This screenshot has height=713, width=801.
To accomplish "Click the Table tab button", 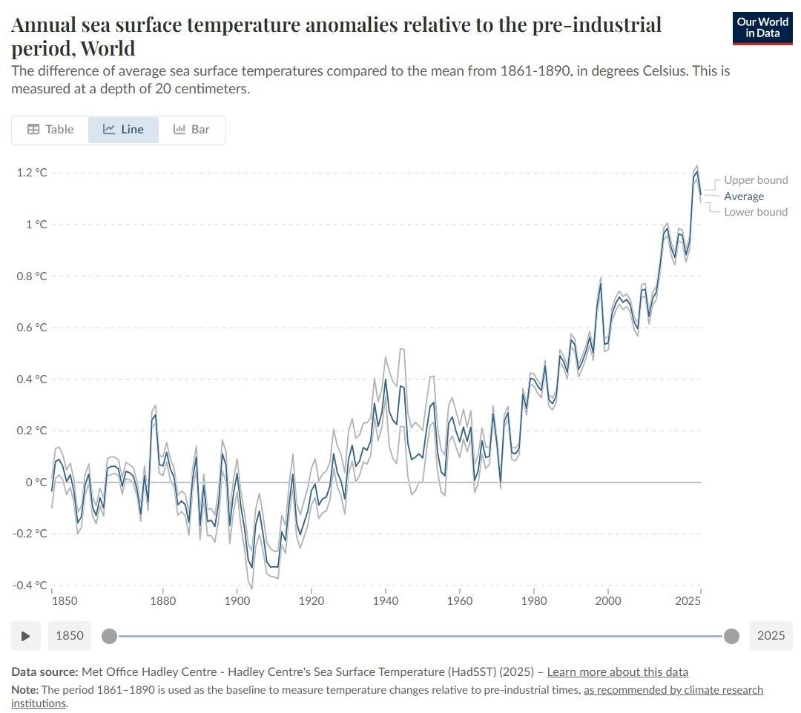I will [50, 129].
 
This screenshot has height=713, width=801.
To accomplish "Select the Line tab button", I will [123, 129].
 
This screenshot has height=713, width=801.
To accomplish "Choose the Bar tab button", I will [191, 129].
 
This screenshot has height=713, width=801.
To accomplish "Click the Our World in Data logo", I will [762, 28].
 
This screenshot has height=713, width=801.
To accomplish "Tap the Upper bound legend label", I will [756, 180].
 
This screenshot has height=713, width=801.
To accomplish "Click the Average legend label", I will [744, 196].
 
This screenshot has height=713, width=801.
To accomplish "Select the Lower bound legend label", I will [756, 212].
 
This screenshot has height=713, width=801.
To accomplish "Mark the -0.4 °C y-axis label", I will [29, 586].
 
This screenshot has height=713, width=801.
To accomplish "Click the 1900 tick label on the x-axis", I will [237, 600].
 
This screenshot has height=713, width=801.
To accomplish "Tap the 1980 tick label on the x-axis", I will [534, 600].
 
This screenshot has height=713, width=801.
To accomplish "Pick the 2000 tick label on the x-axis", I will [608, 600].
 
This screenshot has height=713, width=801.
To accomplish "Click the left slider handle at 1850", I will [109, 636].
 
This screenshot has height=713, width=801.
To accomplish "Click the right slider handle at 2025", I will [731, 636].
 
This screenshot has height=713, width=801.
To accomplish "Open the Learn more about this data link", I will [617, 672].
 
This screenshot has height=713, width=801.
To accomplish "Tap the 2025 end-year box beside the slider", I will [771, 636].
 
